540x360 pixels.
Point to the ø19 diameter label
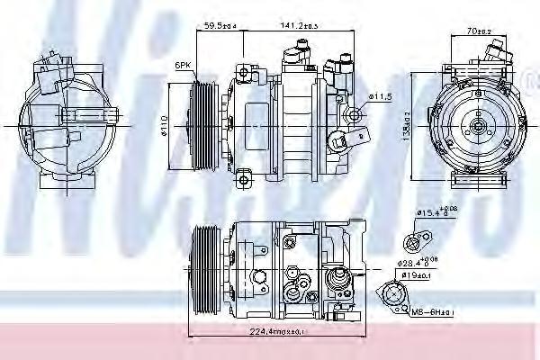[x=415, y=276]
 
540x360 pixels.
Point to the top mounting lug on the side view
[x=243, y=70]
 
